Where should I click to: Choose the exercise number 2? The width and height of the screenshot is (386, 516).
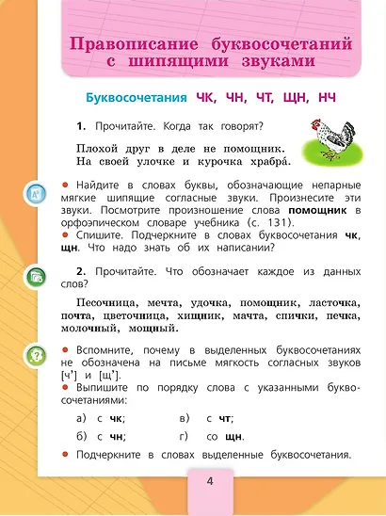tap(82, 270)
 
